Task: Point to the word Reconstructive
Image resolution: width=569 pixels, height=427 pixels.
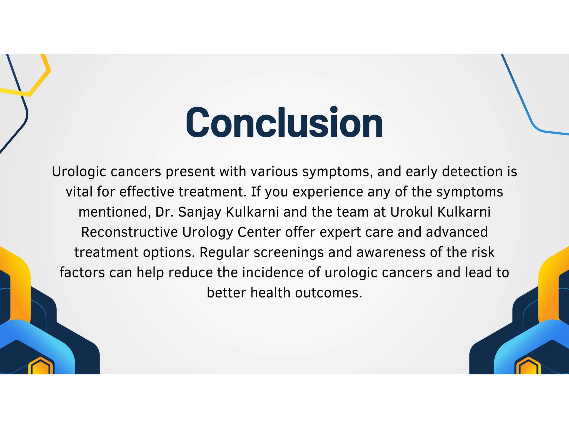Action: click(129, 232)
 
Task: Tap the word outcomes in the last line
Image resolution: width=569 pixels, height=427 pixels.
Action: click(328, 293)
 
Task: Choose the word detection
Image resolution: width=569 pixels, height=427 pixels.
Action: click(472, 172)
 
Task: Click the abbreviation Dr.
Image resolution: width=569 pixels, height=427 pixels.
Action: click(164, 212)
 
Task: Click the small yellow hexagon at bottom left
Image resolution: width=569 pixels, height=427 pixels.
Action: click(41, 366)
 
